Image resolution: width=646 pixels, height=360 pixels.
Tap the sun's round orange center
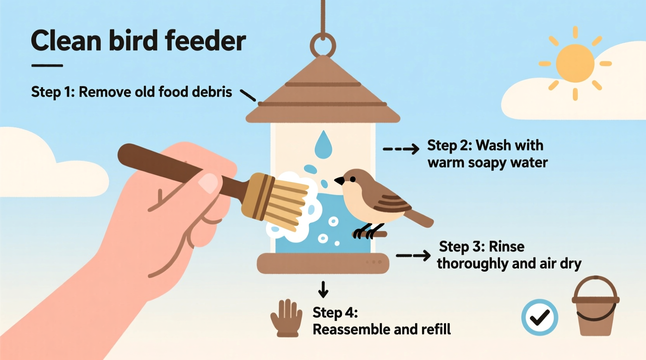tap(575, 63)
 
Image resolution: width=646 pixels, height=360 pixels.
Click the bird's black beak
tap(339, 180)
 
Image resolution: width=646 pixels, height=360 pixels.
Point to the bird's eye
tap(353, 179)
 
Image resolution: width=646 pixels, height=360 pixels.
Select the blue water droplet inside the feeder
tap(323, 145)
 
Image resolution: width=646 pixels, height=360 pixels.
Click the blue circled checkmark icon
tap(540, 317)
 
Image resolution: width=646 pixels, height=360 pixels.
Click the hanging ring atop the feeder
tap(323, 45)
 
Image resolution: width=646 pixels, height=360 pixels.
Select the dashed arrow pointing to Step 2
tap(401, 149)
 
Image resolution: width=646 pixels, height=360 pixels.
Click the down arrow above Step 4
tap(323, 289)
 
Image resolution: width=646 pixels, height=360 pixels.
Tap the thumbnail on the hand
tap(209, 183)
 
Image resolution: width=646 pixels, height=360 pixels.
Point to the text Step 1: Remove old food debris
tap(131, 92)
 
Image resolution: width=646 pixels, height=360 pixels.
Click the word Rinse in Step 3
tap(506, 247)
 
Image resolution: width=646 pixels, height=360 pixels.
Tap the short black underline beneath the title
tap(47, 66)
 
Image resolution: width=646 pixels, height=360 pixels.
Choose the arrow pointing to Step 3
tap(413, 255)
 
